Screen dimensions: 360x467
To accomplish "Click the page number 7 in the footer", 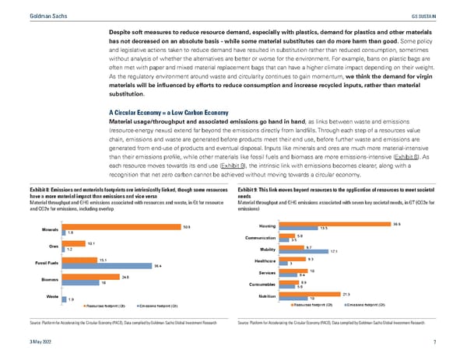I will [454, 342].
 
